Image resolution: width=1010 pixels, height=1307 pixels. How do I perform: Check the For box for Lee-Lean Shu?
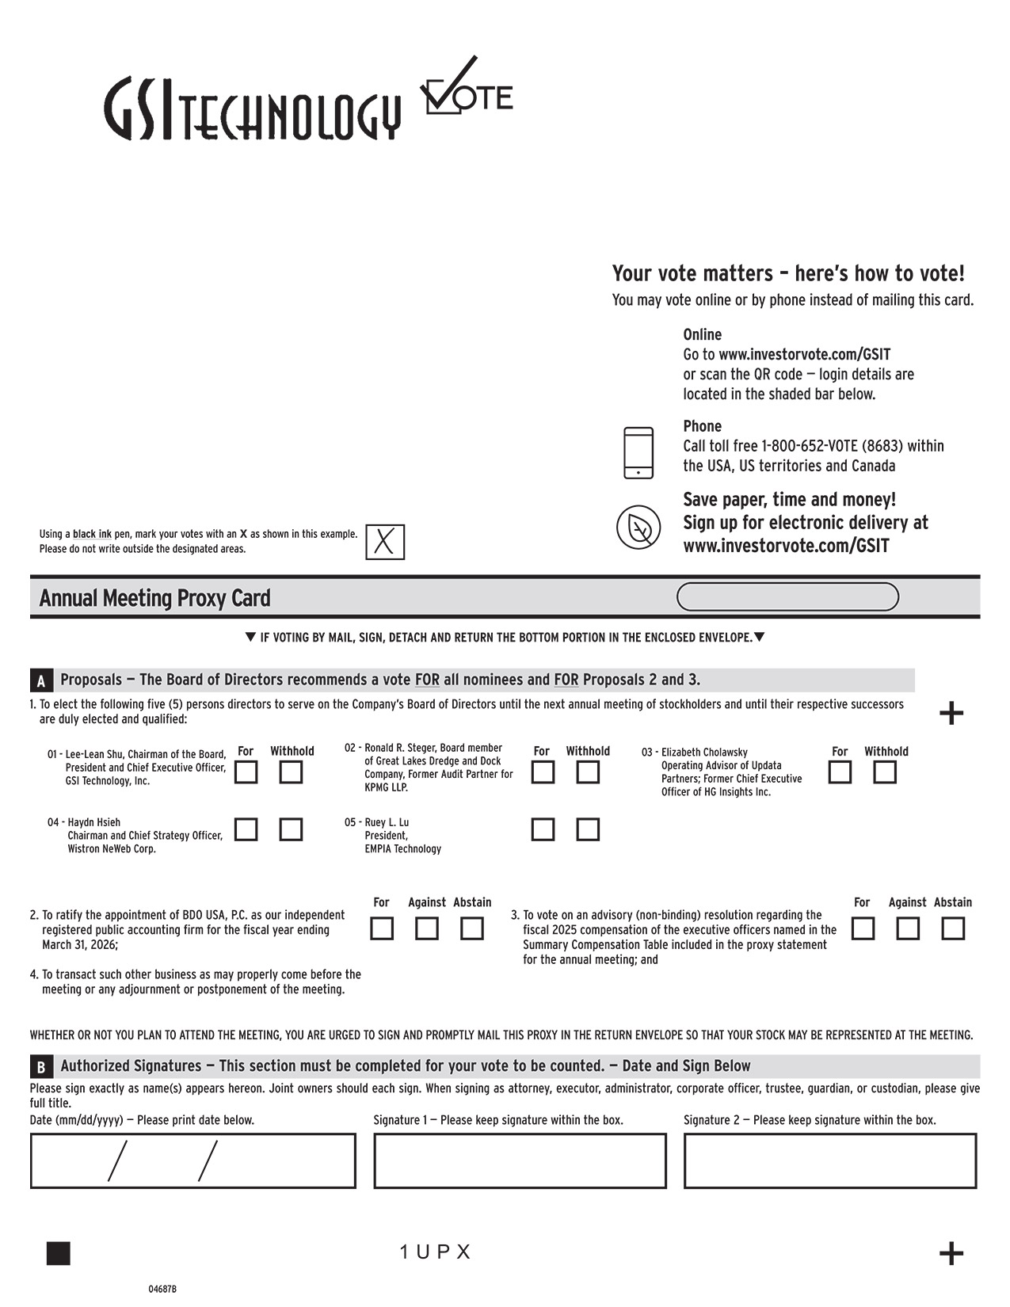click(246, 772)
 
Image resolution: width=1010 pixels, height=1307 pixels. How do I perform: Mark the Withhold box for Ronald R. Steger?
click(588, 772)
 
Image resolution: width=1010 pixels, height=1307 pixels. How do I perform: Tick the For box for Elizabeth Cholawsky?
click(840, 772)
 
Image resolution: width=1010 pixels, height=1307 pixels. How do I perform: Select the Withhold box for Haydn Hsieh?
click(291, 829)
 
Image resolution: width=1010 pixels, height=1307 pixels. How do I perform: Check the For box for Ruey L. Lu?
click(543, 829)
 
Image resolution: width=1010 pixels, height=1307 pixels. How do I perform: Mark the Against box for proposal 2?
click(427, 928)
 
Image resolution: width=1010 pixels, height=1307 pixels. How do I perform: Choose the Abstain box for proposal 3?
click(953, 928)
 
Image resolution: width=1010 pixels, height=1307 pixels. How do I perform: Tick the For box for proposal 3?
click(863, 928)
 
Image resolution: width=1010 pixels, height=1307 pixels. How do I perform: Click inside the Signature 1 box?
click(520, 1161)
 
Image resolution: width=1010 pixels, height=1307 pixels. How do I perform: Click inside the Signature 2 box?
click(830, 1161)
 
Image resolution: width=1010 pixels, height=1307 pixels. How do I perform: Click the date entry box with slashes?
click(192, 1161)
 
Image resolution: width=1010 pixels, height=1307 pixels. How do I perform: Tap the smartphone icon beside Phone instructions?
click(638, 453)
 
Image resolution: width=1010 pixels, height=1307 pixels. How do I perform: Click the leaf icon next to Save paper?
click(638, 527)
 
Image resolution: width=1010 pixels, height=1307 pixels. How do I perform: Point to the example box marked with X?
click(385, 543)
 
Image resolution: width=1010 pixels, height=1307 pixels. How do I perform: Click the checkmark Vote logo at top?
click(466, 89)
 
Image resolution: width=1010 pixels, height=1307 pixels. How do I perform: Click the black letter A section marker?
click(41, 681)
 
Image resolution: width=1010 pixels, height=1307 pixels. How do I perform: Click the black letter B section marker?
click(41, 1067)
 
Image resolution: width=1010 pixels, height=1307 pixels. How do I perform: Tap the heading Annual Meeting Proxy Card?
click(154, 598)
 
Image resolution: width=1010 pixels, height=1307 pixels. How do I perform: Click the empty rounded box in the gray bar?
click(787, 597)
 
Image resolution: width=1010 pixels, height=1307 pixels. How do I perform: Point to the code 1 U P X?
click(436, 1252)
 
